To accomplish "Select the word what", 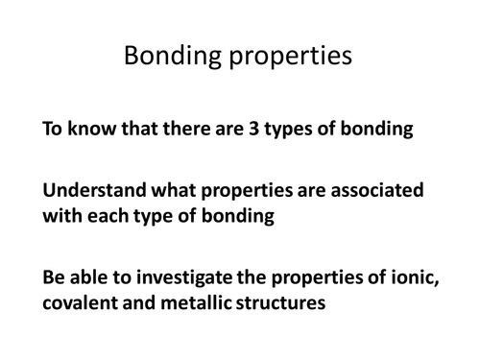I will click(157, 191).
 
